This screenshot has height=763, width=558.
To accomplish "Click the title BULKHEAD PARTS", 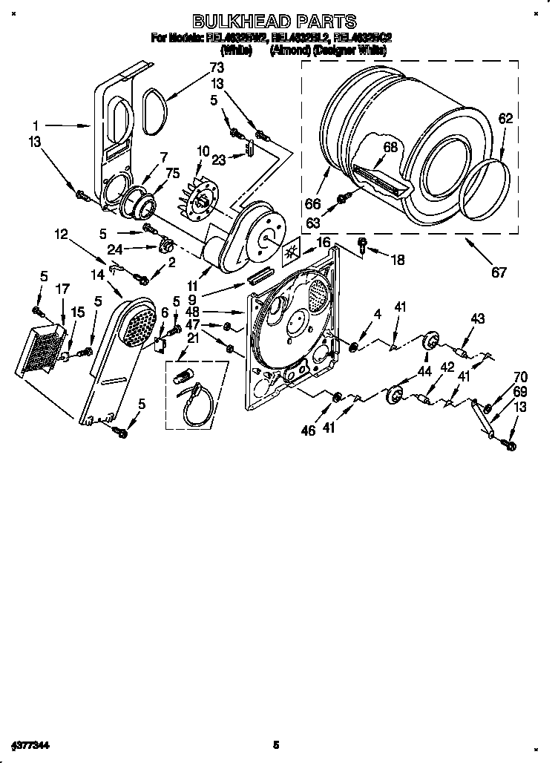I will pyautogui.click(x=275, y=22).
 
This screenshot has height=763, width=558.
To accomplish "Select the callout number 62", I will pyautogui.click(x=505, y=117).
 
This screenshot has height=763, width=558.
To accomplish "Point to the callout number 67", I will pyautogui.click(x=499, y=272).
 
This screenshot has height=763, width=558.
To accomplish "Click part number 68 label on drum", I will pyautogui.click(x=390, y=147).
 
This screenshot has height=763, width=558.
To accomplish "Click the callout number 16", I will pyautogui.click(x=323, y=242).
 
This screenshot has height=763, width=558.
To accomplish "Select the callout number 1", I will pyautogui.click(x=35, y=126).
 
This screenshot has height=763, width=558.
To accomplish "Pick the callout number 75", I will pyautogui.click(x=173, y=174).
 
